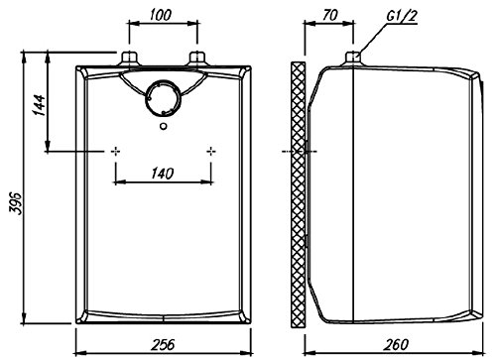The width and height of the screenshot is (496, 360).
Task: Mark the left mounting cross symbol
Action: point(117,151)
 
